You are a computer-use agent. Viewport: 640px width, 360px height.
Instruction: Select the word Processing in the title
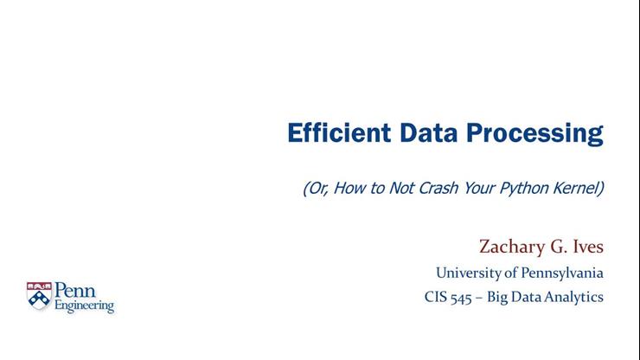pos(534,134)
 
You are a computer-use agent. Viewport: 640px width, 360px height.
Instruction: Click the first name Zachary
pos(511,247)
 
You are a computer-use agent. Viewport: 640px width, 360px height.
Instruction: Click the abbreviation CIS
pos(436,298)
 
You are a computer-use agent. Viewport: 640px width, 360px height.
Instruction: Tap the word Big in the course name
pos(509,298)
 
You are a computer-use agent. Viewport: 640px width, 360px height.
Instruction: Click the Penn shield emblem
pos(39,297)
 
